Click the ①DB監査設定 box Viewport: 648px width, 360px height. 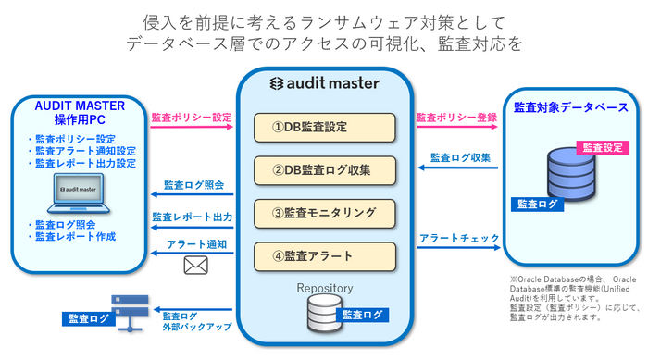pos(324,128)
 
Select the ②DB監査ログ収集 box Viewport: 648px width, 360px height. pos(324,169)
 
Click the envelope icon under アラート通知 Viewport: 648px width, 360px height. pos(195,267)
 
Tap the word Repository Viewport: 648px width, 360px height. pos(325,288)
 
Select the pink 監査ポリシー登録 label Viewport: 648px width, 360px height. pos(456,118)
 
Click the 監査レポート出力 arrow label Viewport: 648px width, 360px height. pos(192,217)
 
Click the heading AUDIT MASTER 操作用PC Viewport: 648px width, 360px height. pos(73,113)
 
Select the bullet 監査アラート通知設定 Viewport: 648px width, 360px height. pos(84,151)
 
